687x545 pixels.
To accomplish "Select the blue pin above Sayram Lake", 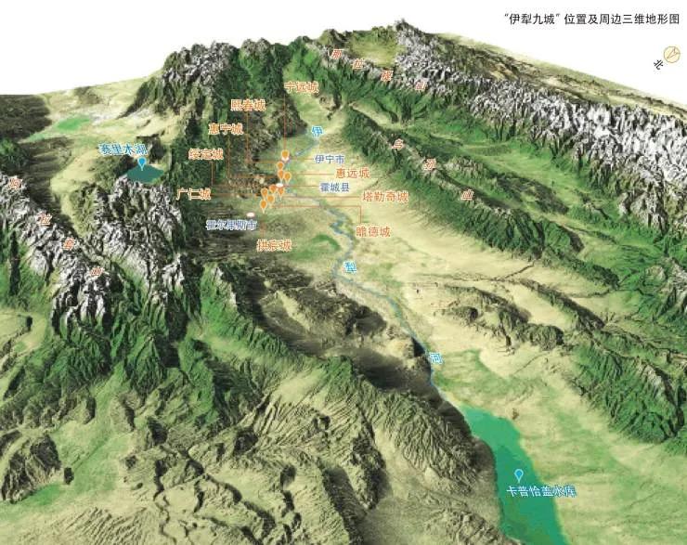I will (142, 161).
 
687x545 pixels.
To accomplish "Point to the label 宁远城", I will (301, 86).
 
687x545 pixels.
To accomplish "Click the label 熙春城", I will (248, 106).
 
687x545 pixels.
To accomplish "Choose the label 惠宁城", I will (225, 129).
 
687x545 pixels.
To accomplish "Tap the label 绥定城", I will (205, 154).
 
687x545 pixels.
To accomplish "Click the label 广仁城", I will (193, 193).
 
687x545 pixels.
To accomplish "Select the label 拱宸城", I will (274, 246).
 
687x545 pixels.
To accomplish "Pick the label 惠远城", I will (353, 173).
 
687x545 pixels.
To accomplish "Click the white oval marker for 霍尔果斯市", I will (251, 214).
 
